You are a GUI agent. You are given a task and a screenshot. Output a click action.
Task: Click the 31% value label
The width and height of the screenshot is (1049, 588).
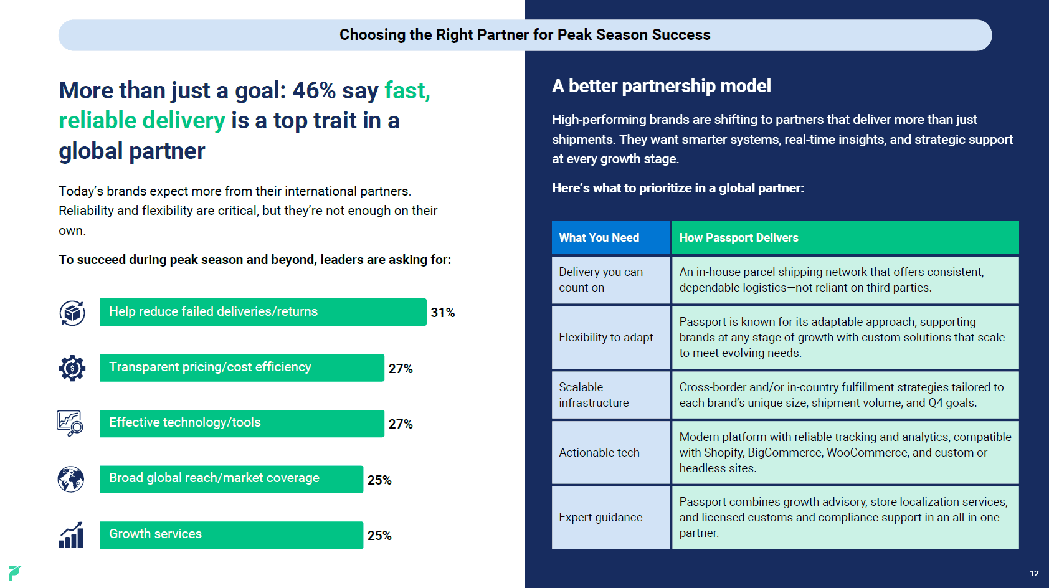pos(442,312)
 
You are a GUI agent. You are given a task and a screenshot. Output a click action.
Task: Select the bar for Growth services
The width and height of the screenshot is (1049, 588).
pos(231,534)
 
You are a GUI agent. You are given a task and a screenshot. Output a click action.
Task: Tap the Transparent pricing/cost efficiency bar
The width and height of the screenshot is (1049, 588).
pos(242,367)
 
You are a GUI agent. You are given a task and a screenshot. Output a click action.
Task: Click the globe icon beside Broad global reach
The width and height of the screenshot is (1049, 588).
pos(71,480)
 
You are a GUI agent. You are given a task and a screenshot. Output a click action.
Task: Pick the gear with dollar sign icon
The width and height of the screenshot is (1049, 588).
pos(72,368)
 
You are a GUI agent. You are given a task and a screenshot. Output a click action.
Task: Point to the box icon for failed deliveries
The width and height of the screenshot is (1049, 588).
pos(72,313)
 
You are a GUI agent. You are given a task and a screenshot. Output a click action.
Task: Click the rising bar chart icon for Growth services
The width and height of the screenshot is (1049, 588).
pos(71,534)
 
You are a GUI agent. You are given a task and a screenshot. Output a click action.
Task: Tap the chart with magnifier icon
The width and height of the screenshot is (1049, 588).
pos(70,423)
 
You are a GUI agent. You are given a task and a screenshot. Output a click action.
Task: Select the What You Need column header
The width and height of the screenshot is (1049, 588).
pos(610,237)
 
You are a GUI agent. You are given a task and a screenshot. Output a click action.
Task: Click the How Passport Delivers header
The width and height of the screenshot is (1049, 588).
pos(845,237)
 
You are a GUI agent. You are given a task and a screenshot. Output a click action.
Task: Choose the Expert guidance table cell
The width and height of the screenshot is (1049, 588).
pos(610,518)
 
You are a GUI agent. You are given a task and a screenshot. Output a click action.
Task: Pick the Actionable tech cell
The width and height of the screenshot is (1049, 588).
pos(610,452)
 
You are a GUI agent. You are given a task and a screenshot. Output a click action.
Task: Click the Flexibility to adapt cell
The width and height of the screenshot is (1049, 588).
pos(610,337)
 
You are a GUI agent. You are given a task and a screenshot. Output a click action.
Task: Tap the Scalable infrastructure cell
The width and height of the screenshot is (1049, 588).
pos(610,395)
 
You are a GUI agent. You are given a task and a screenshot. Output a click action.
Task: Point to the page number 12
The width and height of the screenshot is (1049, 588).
pos(1035,574)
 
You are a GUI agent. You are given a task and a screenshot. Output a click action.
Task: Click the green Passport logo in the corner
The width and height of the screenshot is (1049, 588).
pos(14,572)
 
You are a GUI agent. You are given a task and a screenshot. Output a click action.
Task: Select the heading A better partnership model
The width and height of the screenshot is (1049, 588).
pos(662,86)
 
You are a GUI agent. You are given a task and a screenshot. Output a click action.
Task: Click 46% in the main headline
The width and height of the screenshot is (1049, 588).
pos(314,90)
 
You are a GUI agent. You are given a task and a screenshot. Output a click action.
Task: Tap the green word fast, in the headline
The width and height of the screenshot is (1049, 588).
pos(407,90)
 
